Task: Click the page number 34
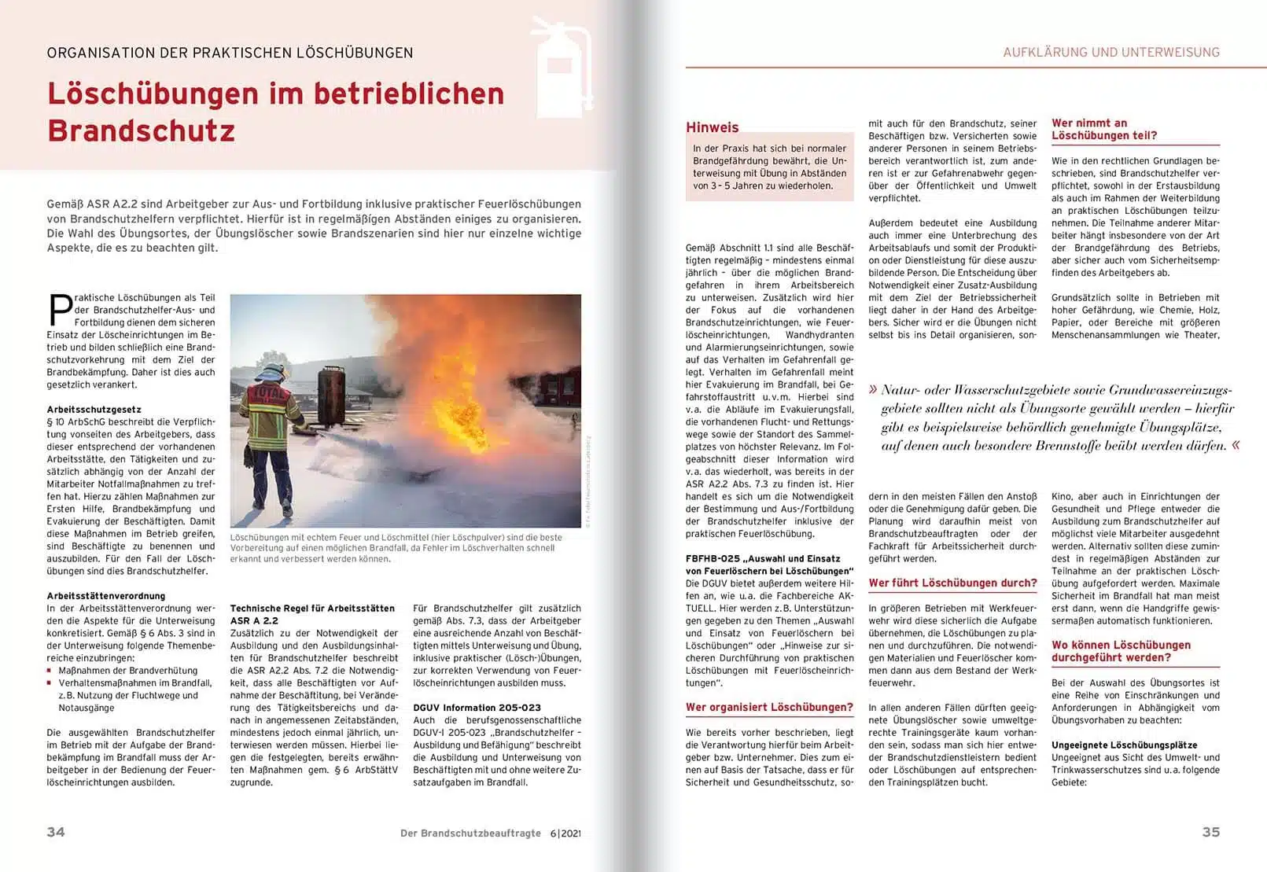click(56, 832)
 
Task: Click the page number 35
click(1210, 832)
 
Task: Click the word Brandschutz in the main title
click(142, 131)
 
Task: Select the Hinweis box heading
click(713, 127)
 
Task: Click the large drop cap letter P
click(60, 310)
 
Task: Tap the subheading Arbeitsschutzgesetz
click(94, 410)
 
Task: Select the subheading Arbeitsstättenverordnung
click(106, 596)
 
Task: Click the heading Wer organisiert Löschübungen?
click(769, 707)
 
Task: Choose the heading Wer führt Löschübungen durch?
click(952, 583)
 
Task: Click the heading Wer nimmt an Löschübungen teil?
click(1104, 129)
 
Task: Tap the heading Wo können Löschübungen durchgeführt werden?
click(1121, 651)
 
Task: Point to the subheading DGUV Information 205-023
click(477, 708)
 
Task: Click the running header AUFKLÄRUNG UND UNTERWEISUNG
click(1111, 53)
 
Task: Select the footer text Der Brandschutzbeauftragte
click(470, 833)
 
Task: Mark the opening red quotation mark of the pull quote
click(873, 390)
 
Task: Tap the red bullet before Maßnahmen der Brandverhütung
click(50, 671)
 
